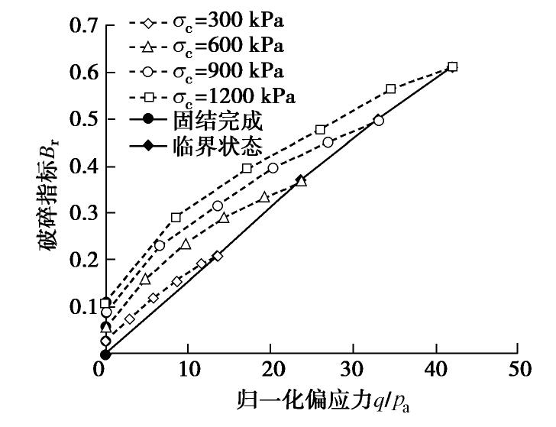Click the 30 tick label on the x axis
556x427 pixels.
[x=352, y=369]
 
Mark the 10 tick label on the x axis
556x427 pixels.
[x=187, y=369]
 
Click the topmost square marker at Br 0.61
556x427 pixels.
[x=452, y=67]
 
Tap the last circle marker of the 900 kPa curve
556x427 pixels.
[x=379, y=120]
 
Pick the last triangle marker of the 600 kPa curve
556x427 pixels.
[x=301, y=181]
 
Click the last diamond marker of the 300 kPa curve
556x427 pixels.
[x=218, y=256]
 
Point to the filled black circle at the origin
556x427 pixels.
[x=105, y=354]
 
